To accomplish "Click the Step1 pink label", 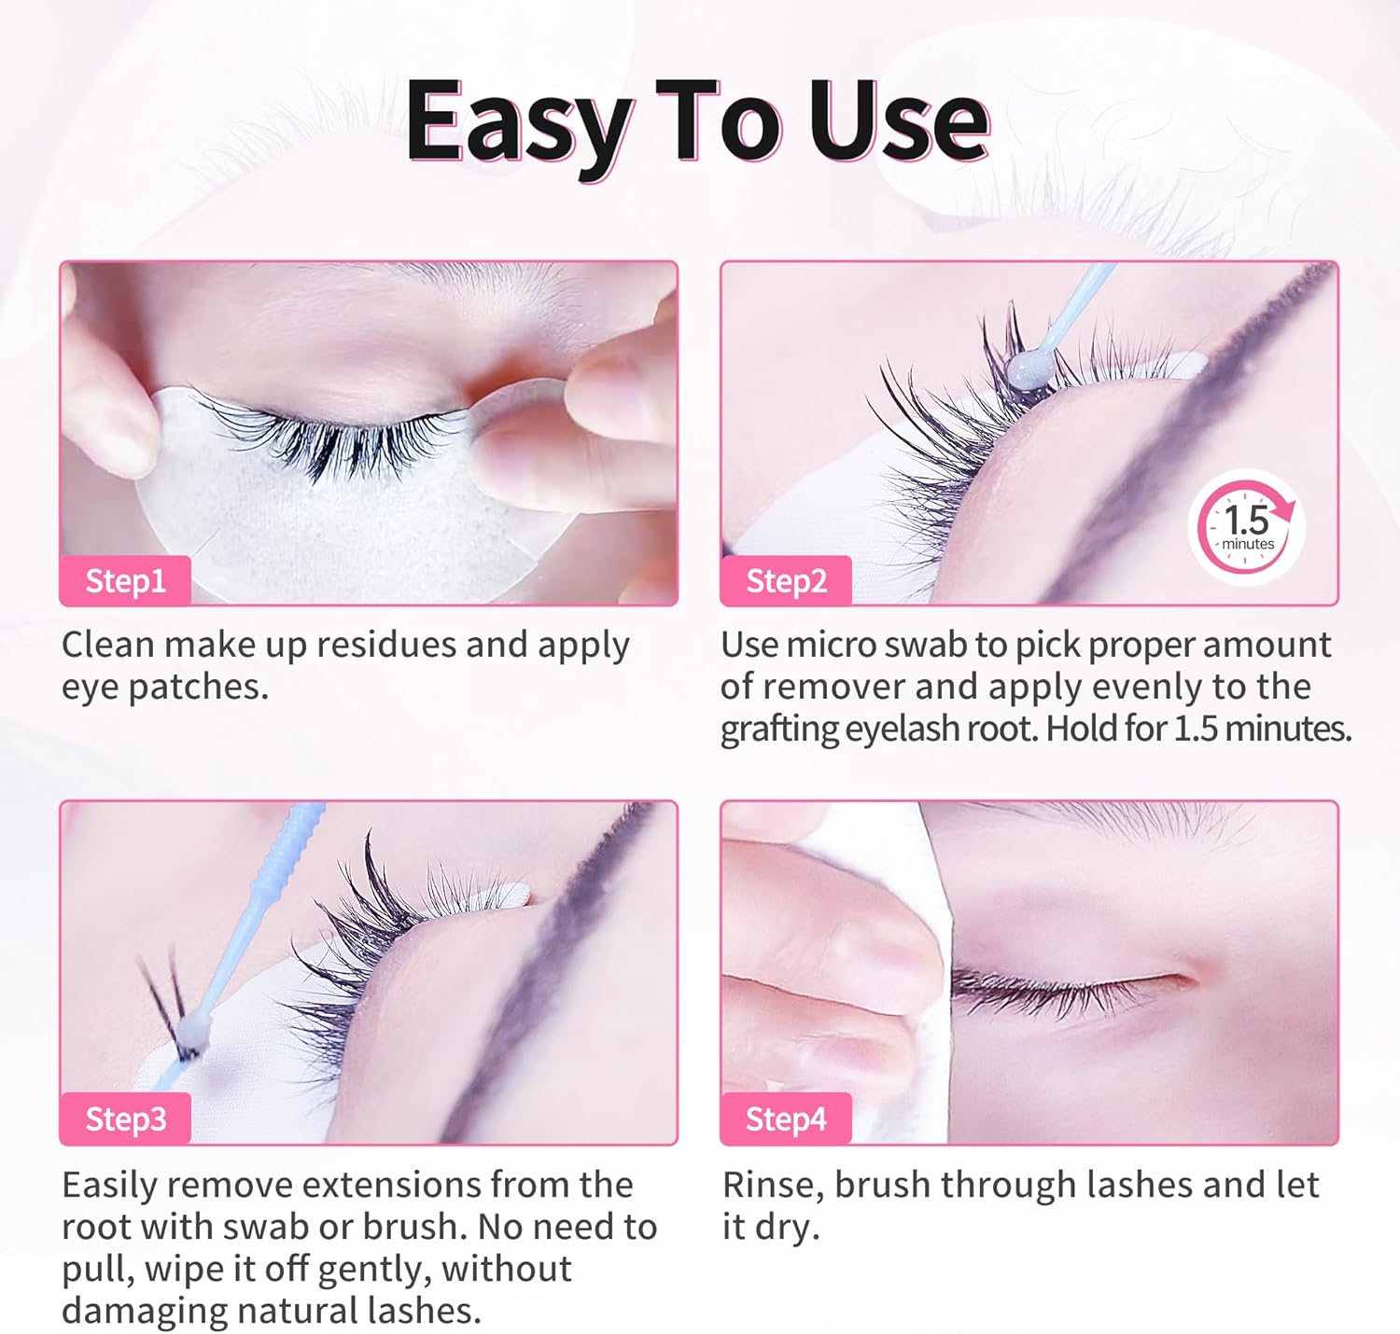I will point(125,581).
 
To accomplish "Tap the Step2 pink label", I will point(786,581).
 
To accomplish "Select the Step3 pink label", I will point(125,1119).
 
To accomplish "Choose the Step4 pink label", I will point(786,1119).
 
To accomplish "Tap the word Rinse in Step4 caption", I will point(773,1186).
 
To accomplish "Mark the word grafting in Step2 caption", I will point(780,729).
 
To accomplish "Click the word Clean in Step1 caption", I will point(107,645).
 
